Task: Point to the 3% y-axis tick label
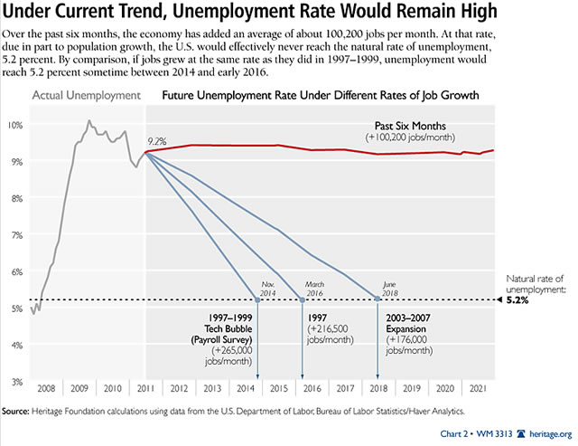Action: (15, 382)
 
